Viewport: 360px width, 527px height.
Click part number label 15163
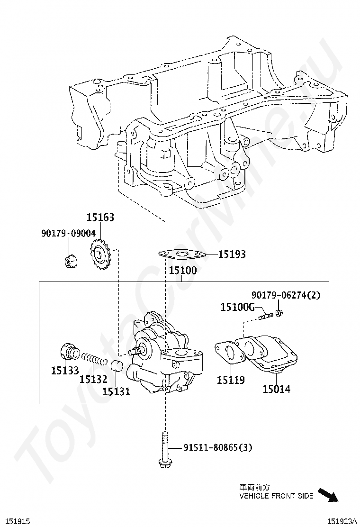[100, 218]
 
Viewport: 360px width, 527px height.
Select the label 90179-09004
[69, 233]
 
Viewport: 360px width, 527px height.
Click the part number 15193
[232, 254]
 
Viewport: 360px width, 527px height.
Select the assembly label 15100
[182, 270]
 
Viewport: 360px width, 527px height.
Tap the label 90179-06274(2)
[286, 295]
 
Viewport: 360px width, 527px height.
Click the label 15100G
[237, 307]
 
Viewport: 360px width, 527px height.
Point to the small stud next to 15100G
[265, 316]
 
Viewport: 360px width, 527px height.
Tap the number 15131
[116, 391]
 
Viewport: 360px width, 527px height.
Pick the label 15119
[231, 380]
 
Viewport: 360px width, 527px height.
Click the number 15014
[276, 389]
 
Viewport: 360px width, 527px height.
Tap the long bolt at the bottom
[164, 449]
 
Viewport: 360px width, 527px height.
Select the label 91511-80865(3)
[217, 448]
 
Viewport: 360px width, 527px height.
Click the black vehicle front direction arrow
[328, 494]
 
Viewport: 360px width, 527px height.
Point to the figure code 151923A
[342, 521]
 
